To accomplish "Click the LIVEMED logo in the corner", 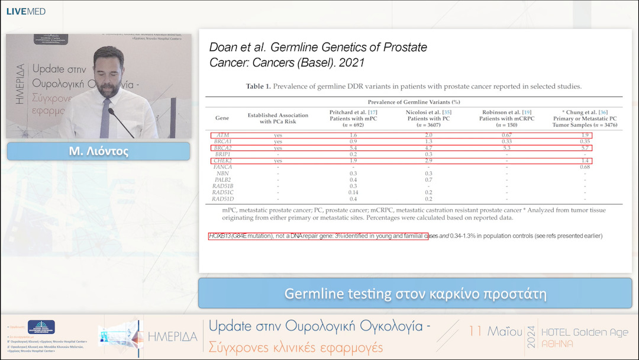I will click(x=25, y=11).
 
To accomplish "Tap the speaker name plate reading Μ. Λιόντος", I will click(x=98, y=151).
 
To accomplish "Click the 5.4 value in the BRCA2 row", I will click(x=353, y=148).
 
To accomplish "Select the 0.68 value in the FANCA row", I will click(x=585, y=167).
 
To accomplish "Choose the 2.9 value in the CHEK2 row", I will click(x=428, y=160).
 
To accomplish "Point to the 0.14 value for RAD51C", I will click(x=353, y=192).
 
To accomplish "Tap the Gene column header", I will click(x=222, y=118).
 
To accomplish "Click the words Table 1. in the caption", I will click(x=259, y=86).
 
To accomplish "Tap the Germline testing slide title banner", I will click(x=415, y=294).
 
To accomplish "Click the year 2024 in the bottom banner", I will click(x=531, y=337).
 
